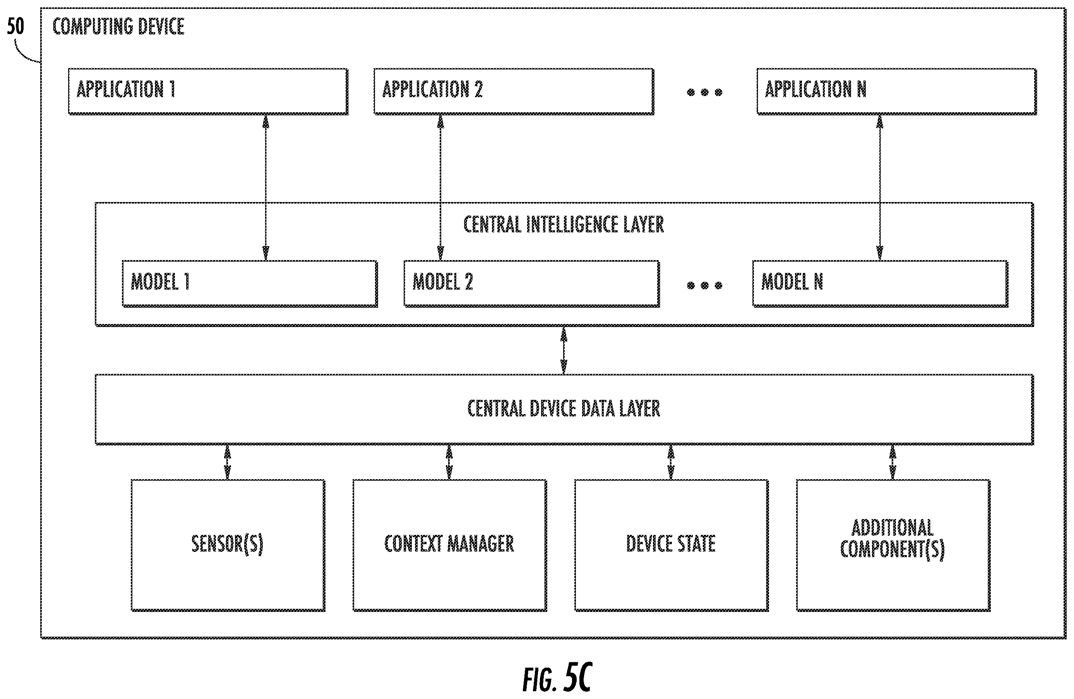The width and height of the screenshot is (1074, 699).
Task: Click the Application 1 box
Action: pos(208,92)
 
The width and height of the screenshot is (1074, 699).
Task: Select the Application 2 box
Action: pos(514,92)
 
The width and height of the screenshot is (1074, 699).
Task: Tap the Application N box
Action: pos(897,92)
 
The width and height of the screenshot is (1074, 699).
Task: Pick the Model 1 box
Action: pos(250,284)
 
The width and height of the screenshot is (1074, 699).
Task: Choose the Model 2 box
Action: pos(532,284)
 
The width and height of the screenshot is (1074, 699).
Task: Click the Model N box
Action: pos(880,284)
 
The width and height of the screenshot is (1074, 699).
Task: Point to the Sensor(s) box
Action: pos(228,545)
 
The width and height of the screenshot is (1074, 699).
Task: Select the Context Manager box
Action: pos(450,545)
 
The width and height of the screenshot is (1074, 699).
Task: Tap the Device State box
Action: pos(671,545)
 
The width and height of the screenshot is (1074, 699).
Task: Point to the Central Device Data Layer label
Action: pos(564,409)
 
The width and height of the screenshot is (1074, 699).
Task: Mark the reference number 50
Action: pos(15,26)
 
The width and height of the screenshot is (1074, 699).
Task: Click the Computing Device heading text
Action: pos(118,26)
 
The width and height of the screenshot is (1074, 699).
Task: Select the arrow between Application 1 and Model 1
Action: pos(266,187)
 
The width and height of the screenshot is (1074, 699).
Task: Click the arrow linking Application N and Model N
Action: pos(879,187)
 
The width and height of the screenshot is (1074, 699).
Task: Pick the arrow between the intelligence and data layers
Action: pos(564,350)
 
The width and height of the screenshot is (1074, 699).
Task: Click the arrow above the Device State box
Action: pos(671,462)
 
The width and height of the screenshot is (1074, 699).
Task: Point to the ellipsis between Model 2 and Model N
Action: pos(704,285)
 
